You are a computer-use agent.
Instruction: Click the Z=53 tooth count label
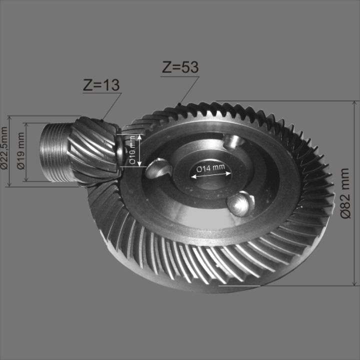[x=180, y=67]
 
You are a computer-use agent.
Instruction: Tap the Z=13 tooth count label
[x=101, y=85]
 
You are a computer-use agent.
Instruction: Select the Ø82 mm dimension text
[x=345, y=193]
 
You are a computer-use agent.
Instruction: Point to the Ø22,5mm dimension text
[x=4, y=148]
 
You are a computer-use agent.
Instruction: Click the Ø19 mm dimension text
[x=21, y=150]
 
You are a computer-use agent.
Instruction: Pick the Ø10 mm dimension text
[x=132, y=150]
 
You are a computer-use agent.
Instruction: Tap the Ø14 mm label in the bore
[x=210, y=168]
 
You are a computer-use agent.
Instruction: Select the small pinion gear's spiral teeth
[x=94, y=150]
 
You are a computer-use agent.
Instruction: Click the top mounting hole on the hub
[x=233, y=141]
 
